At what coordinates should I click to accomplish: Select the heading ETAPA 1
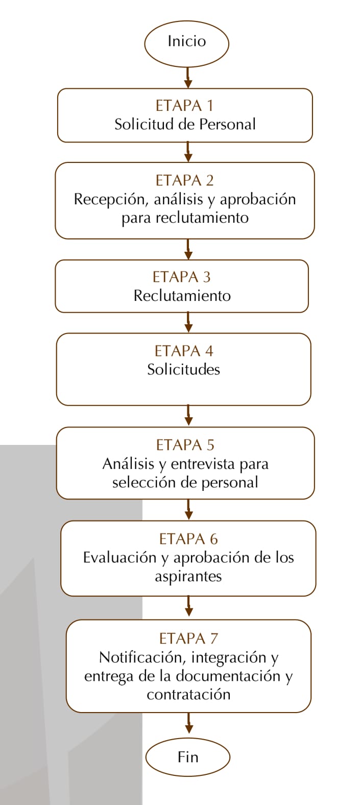point(185,106)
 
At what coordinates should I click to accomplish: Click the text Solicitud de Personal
point(185,124)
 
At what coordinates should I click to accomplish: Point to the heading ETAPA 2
point(185,180)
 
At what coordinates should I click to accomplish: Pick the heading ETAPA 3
point(181,277)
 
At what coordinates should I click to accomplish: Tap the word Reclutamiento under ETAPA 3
point(182,296)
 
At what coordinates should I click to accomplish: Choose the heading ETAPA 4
point(184,351)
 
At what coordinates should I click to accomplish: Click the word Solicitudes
point(184,369)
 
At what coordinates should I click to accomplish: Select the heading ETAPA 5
point(185,445)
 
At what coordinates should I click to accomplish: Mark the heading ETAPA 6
point(188,539)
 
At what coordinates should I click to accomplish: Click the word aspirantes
point(188,577)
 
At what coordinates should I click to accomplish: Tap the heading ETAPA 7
point(188,638)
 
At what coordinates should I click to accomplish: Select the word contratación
point(188,694)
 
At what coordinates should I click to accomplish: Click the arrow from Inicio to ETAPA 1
point(187,77)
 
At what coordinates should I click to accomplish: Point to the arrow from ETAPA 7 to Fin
point(188,723)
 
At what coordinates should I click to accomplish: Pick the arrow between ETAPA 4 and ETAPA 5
point(188,416)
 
